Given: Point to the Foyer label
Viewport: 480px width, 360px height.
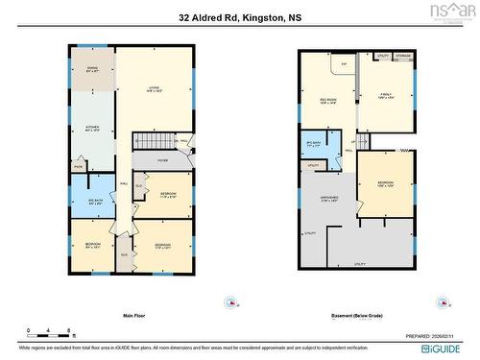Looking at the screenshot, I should pyautogui.click(x=163, y=160).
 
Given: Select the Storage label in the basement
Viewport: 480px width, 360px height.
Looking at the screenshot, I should pyautogui.click(x=403, y=57).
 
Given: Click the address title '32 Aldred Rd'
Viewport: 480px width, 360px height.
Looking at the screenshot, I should pyautogui.click(x=240, y=17).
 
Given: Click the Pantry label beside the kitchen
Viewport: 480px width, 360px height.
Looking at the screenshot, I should pyautogui.click(x=78, y=166).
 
